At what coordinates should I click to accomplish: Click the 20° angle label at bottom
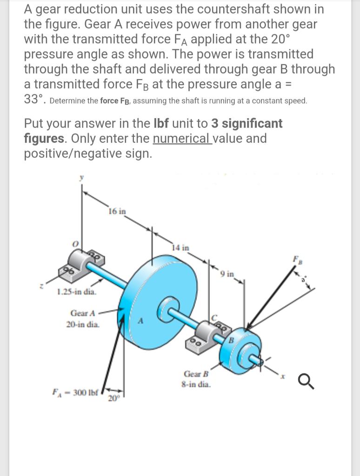(x=113, y=398)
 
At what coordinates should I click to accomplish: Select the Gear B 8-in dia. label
(x=197, y=379)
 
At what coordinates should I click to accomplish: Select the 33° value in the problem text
(x=34, y=99)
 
